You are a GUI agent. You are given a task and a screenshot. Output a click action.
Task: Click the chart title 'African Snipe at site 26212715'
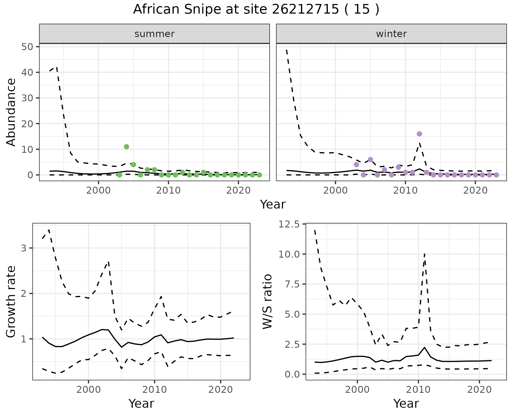point(256,10)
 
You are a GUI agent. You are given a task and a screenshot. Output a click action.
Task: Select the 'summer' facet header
point(154,34)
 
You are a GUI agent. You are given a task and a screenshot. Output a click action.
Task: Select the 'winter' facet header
point(391,34)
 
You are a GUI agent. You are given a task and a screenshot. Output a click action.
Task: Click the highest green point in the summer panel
point(126,147)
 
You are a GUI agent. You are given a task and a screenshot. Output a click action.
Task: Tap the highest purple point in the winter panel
point(419,134)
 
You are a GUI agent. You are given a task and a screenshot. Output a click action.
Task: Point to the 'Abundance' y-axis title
point(11,112)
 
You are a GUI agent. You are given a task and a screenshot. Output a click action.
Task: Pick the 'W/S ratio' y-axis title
point(267,301)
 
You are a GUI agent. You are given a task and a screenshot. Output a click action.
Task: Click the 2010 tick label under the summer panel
point(168,191)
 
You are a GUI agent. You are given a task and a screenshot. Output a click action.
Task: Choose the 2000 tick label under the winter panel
point(335,191)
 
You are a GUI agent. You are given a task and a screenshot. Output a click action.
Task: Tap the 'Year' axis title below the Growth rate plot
point(141,403)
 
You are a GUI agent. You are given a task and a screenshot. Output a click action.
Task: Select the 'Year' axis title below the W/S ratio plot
point(406,403)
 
